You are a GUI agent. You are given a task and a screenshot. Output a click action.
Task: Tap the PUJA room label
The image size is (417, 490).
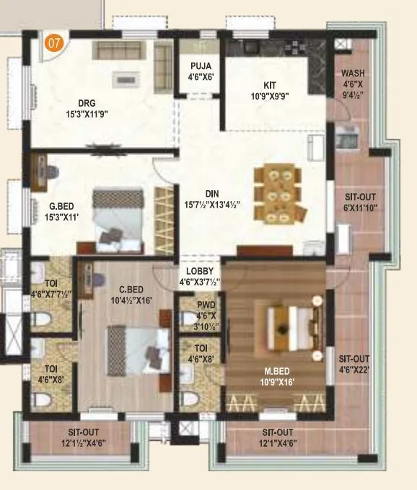pos(201,71)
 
